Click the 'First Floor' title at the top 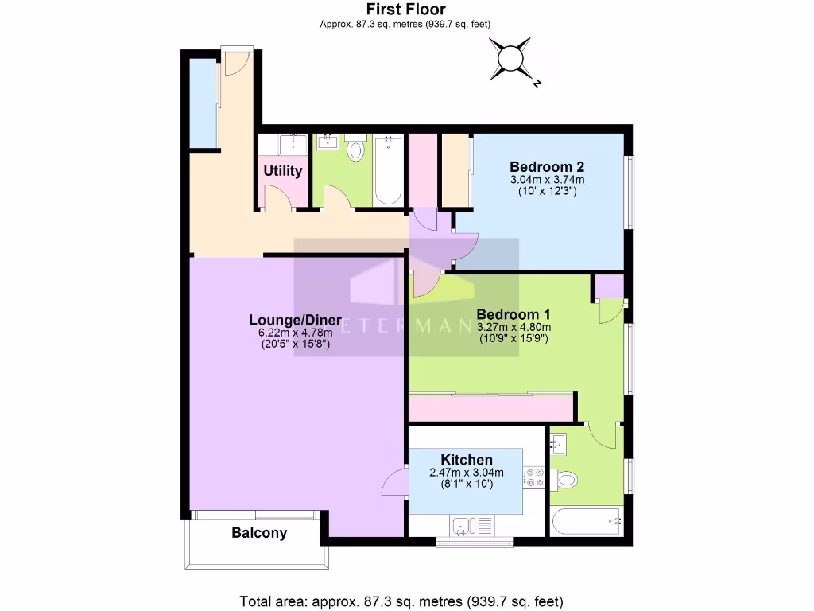(x=405, y=10)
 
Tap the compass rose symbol (x=510, y=59)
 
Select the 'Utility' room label (x=282, y=171)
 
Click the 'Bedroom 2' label (x=547, y=167)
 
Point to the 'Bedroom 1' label (x=513, y=314)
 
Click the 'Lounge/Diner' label (x=295, y=321)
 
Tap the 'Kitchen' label (x=467, y=460)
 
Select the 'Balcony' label (x=259, y=533)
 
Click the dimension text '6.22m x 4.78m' (x=295, y=333)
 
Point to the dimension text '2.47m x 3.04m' (x=467, y=473)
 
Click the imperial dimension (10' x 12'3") (x=547, y=192)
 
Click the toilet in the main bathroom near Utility (x=355, y=150)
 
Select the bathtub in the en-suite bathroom (x=587, y=521)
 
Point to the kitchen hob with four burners (x=533, y=477)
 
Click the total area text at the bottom (x=406, y=601)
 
